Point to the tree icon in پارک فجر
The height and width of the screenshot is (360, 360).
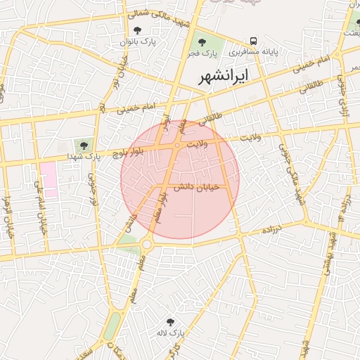202,42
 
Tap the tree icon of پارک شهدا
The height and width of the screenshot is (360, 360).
84,145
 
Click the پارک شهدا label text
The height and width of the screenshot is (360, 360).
84,155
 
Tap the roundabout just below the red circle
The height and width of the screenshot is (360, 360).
146,244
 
